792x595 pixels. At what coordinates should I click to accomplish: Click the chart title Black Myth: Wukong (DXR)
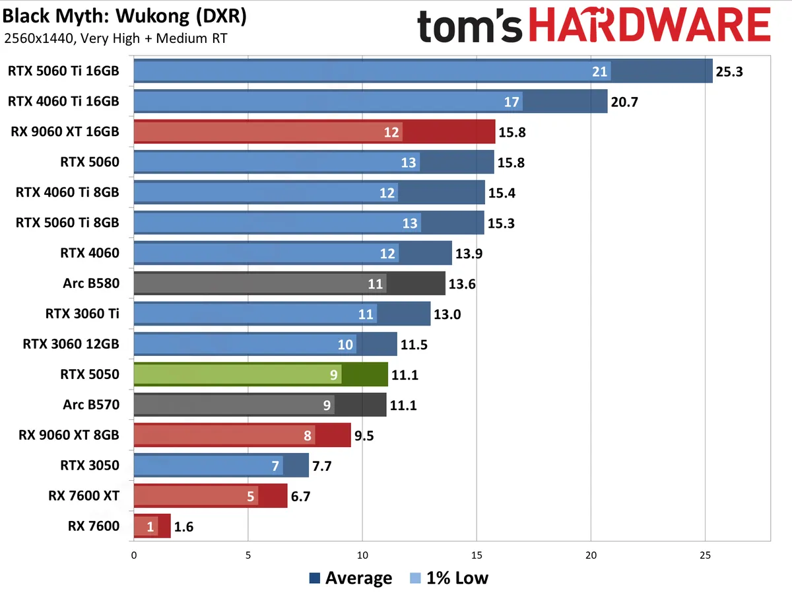tap(125, 16)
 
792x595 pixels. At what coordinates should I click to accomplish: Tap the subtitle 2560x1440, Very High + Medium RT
tap(115, 38)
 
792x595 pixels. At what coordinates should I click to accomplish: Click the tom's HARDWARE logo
tap(593, 26)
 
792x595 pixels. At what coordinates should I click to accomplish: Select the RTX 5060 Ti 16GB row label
tap(64, 71)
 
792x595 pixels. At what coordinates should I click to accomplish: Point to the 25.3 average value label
tap(729, 71)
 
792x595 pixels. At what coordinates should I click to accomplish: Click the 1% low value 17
tap(511, 102)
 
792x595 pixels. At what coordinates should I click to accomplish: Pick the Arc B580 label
tap(91, 284)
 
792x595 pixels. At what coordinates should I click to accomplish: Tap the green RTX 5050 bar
tap(261, 375)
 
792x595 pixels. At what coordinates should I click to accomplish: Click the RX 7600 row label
tap(94, 526)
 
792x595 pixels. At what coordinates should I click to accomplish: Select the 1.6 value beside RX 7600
tap(184, 527)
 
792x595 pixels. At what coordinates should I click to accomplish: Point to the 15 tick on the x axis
tap(477, 556)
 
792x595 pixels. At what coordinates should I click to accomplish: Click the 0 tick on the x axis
tap(134, 556)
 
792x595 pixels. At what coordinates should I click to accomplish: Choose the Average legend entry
tap(350, 578)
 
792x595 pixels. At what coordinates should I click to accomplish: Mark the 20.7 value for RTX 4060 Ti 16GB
tap(624, 102)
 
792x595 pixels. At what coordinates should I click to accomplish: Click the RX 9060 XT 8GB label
tap(69, 435)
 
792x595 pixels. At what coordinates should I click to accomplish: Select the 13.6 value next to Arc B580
tap(462, 285)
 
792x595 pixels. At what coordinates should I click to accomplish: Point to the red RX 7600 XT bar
tap(211, 496)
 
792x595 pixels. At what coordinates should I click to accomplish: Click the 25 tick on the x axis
tap(705, 556)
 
